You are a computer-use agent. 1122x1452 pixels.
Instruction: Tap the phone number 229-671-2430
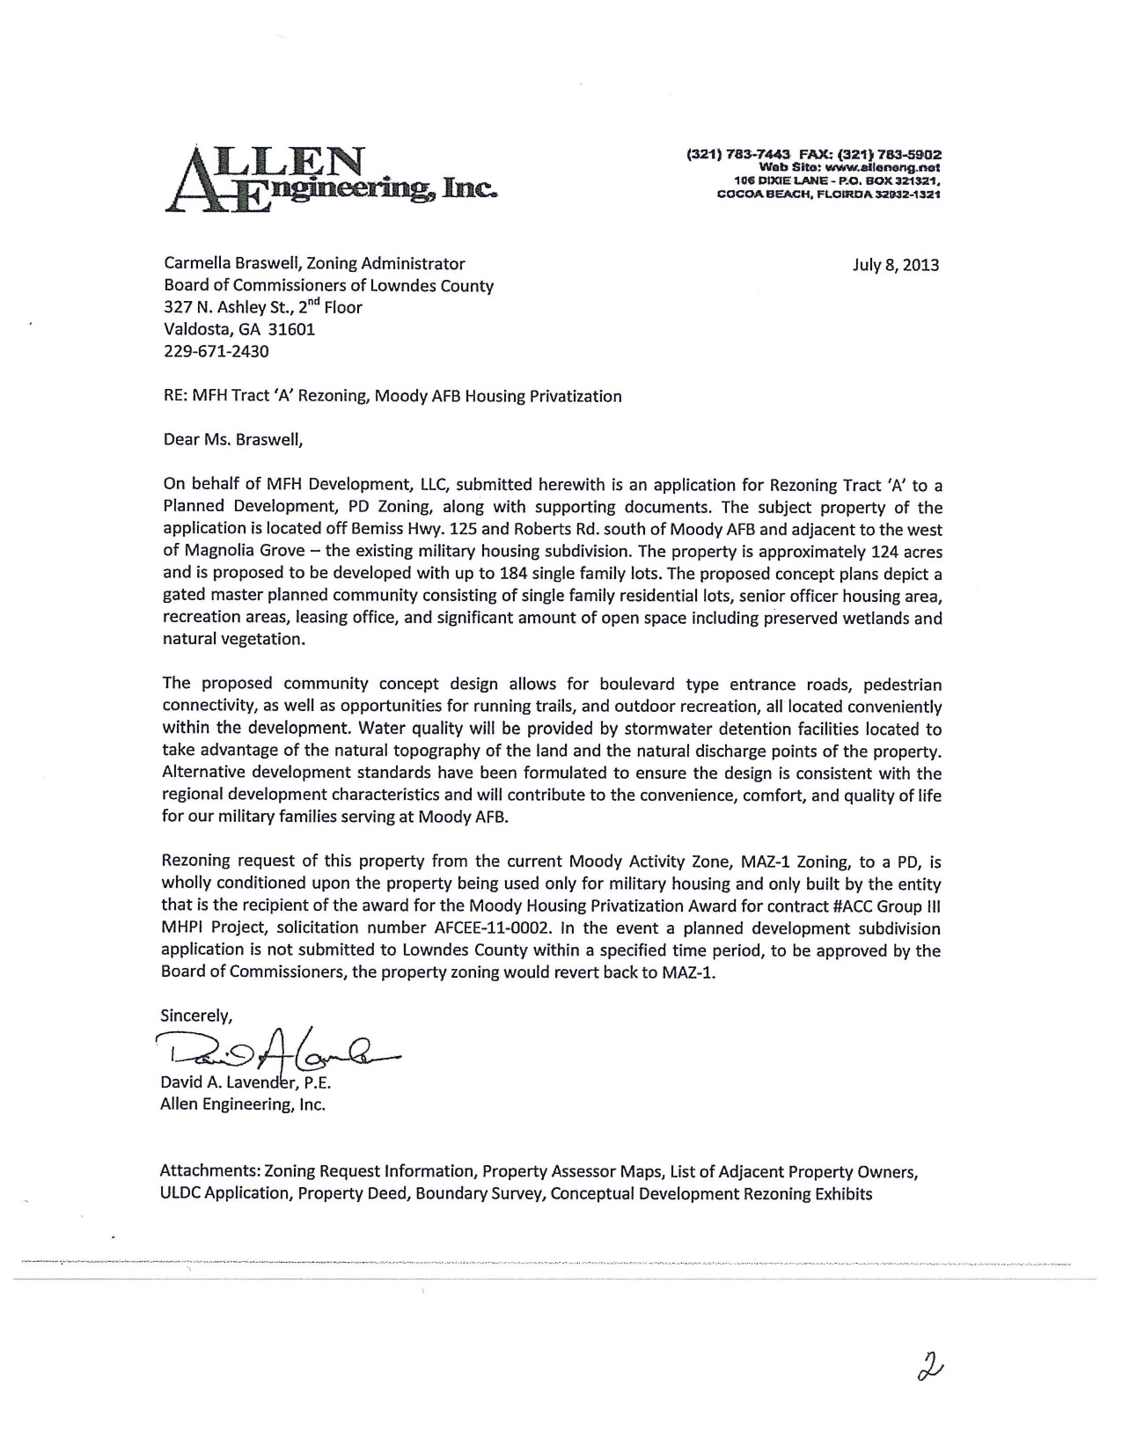216,352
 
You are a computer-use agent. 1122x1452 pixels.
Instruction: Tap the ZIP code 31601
292,330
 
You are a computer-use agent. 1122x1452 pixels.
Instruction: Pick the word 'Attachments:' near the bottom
209,1171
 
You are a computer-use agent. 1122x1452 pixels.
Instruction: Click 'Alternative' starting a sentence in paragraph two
203,774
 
